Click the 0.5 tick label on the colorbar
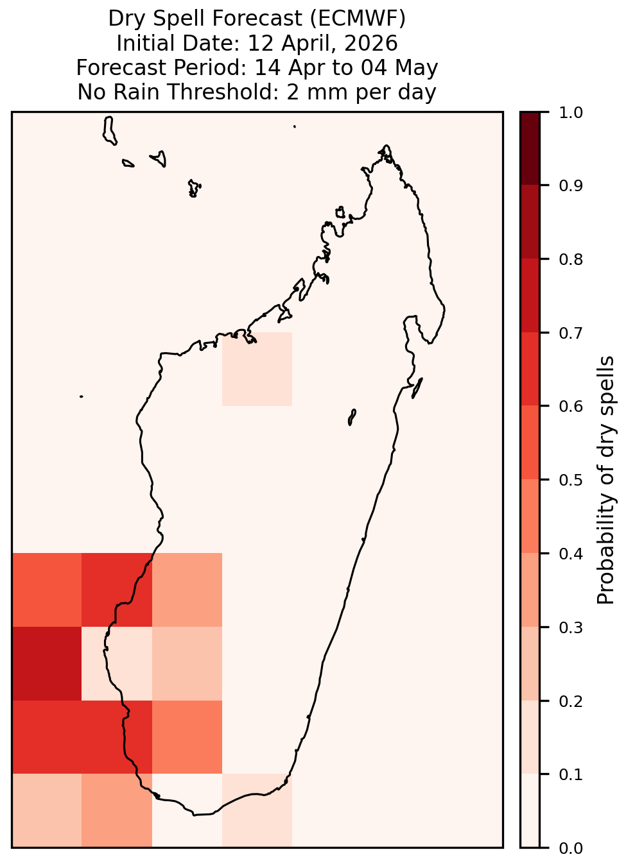coord(570,480)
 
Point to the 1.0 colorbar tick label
coord(570,113)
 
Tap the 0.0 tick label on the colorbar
coord(570,848)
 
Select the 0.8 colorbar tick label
coord(570,259)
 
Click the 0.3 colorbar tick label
coord(570,627)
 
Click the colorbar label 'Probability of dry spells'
coord(605,480)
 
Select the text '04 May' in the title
coord(399,67)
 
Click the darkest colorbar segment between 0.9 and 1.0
coord(530,148)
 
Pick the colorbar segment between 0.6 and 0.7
coord(530,369)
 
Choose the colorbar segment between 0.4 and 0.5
coord(530,516)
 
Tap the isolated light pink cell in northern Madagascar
coord(257,369)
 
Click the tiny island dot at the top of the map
coord(295,126)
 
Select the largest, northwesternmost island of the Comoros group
coord(109,131)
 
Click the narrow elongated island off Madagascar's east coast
coord(417,388)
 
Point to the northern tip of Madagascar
coord(386,146)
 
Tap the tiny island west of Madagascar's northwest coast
coord(81,396)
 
